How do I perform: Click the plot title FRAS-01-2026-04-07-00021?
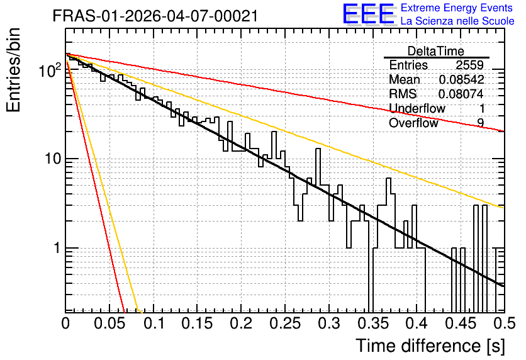click(155, 16)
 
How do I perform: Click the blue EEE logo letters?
click(368, 14)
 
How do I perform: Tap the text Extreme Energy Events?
click(457, 8)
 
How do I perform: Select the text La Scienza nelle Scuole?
click(457, 21)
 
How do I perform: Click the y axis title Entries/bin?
click(13, 70)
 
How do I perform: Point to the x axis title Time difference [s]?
click(430, 346)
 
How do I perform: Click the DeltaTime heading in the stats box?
click(436, 51)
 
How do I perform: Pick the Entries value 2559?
click(469, 65)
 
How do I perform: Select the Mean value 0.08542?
click(462, 79)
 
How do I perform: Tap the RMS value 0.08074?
click(461, 94)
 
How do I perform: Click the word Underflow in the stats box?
click(417, 108)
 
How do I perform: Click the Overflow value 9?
click(481, 123)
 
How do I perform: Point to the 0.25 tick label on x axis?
click(285, 323)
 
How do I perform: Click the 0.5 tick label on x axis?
click(504, 323)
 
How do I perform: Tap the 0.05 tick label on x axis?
click(109, 323)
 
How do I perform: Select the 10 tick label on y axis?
click(53, 159)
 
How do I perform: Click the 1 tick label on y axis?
click(57, 248)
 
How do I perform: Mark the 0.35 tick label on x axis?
click(373, 323)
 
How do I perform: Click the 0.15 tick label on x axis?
click(198, 323)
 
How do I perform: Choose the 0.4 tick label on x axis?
click(417, 323)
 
